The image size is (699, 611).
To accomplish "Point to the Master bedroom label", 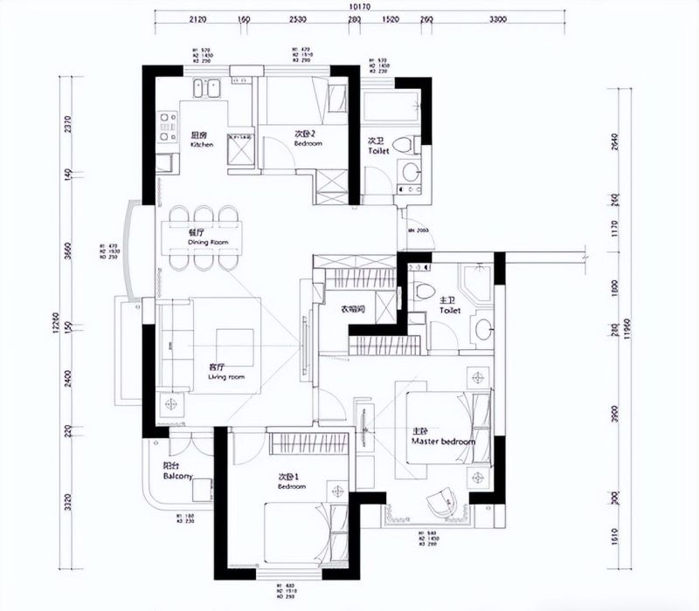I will (443, 437).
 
